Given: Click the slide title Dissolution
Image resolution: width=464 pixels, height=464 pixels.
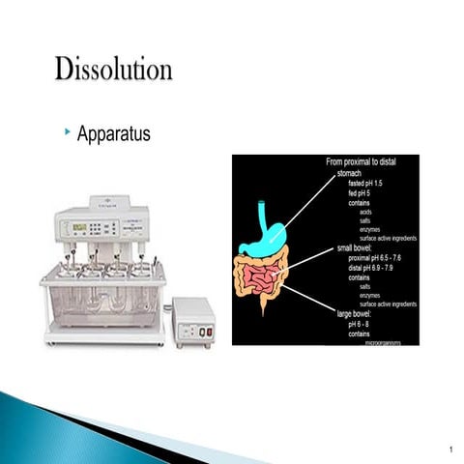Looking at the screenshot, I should coord(114,71).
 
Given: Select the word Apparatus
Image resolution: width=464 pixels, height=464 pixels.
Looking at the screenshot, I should coord(113,133).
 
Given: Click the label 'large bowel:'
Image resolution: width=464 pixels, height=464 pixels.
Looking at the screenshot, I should coord(357,313).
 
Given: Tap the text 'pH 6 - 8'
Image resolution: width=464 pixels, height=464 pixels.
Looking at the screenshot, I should coord(363,323).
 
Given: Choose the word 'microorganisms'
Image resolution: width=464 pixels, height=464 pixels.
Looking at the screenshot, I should coord(382,341).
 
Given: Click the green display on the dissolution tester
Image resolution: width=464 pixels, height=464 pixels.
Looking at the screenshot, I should coord(79,227).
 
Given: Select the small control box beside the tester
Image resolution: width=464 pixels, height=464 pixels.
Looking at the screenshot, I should coord(193,322).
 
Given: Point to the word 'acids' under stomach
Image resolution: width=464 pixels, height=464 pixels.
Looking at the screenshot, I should coord(366,212).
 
